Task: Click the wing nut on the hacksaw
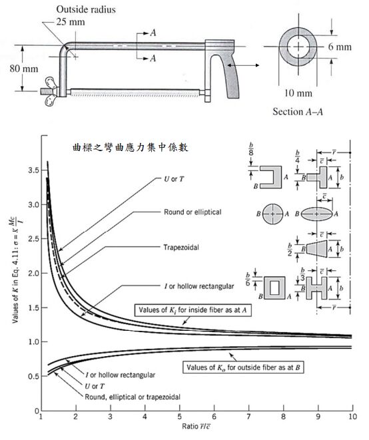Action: [51, 91]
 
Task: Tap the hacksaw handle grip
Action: [232, 76]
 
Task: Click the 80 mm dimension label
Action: [24, 69]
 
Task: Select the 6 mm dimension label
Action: [340, 47]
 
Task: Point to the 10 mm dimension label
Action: [298, 93]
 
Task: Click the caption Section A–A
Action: [298, 112]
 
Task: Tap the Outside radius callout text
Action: [86, 9]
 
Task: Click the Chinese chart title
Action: [131, 147]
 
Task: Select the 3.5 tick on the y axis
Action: [33, 170]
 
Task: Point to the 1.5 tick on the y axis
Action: [33, 308]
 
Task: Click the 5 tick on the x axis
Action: [179, 417]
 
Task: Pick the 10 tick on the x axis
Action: [353, 417]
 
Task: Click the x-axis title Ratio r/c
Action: [196, 427]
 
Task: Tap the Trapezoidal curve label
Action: [181, 247]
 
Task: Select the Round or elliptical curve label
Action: [192, 212]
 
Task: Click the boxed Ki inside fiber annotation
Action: [193, 310]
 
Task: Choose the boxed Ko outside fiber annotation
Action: [243, 367]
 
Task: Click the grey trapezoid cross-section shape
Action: [317, 248]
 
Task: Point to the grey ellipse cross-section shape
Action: [317, 214]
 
